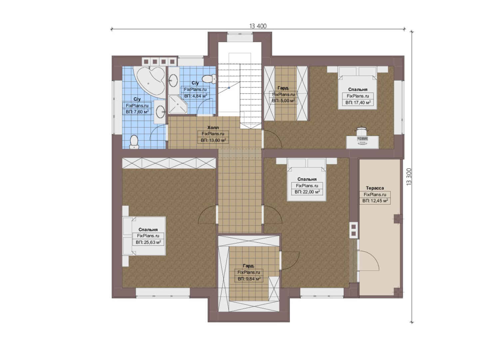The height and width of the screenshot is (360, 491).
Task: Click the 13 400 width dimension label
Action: (x=258, y=26)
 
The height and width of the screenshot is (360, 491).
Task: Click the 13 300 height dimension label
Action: (x=409, y=177)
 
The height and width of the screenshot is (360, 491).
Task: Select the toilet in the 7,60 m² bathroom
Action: (x=134, y=142)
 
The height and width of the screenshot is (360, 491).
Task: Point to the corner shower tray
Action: (x=178, y=104)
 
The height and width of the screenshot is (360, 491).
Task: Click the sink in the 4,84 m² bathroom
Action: (x=174, y=80)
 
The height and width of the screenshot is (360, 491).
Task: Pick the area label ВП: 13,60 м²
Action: (x=213, y=140)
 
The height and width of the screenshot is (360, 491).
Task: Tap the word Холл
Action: (x=213, y=127)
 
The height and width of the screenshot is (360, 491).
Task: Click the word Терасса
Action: (x=375, y=188)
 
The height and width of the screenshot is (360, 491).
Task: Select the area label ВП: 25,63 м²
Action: (x=148, y=242)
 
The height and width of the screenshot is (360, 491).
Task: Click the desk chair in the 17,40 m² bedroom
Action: (x=362, y=131)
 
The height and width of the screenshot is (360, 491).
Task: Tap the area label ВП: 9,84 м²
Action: (x=249, y=279)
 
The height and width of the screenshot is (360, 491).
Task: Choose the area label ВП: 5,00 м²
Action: (x=283, y=101)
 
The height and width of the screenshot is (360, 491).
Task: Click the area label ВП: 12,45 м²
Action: (x=375, y=201)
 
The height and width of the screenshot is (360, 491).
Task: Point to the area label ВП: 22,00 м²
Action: (x=307, y=192)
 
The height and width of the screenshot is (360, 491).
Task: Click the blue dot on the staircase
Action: (x=229, y=88)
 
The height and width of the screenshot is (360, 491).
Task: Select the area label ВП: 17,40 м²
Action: (x=358, y=102)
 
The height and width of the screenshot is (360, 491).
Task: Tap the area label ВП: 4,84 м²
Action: (x=196, y=96)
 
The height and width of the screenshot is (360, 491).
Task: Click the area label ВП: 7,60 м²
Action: (x=137, y=112)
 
